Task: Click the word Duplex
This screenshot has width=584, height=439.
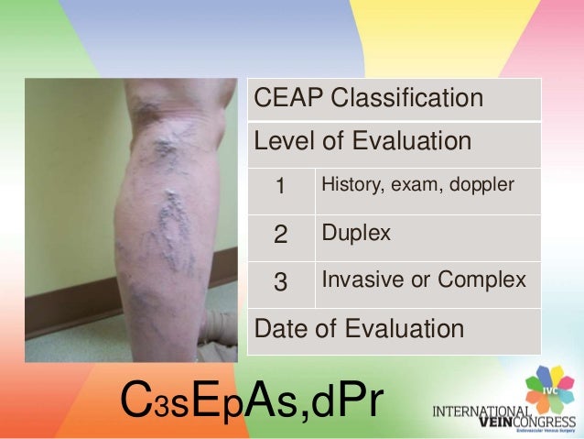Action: [356, 234]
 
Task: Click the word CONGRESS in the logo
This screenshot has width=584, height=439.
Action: [542, 423]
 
